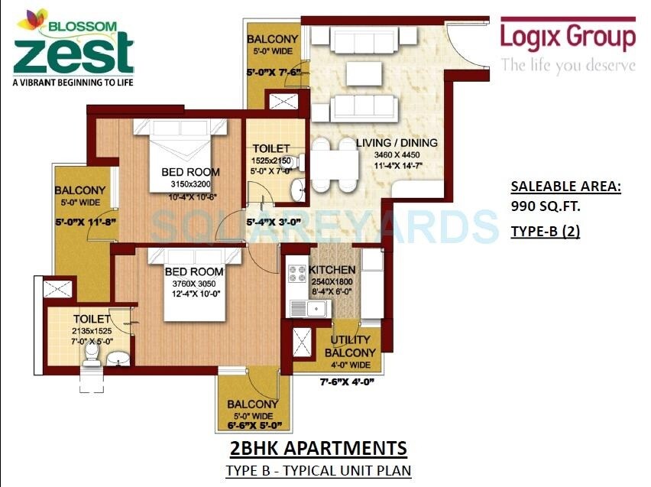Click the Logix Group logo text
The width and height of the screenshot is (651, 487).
coord(568,37)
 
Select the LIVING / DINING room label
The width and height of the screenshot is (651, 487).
coord(397,143)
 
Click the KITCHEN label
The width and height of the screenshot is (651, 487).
coord(332,270)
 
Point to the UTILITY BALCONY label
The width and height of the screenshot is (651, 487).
coord(350,346)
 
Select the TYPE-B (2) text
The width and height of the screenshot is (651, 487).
coord(545,232)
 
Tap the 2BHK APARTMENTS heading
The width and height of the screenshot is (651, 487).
coord(318,447)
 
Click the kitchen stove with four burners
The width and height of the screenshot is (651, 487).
coord(295,276)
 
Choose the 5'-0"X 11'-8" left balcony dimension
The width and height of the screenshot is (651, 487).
coord(84,223)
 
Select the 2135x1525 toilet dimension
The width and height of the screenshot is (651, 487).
coord(92,330)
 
